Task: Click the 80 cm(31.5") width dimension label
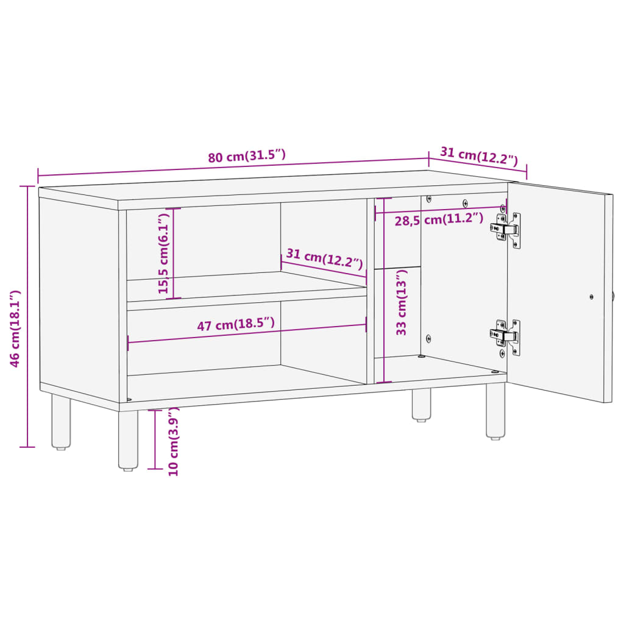(x=247, y=156)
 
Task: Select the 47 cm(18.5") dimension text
(x=236, y=325)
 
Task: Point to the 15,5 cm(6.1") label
(x=163, y=253)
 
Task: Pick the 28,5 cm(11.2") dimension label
(x=439, y=219)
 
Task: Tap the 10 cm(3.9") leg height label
(x=173, y=441)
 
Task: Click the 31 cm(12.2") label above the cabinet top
(x=479, y=157)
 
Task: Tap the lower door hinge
(x=506, y=336)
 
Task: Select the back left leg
(x=61, y=420)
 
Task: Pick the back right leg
(x=421, y=403)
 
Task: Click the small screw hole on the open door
(x=592, y=297)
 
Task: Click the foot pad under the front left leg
(x=128, y=469)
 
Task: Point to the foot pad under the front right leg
(x=495, y=437)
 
